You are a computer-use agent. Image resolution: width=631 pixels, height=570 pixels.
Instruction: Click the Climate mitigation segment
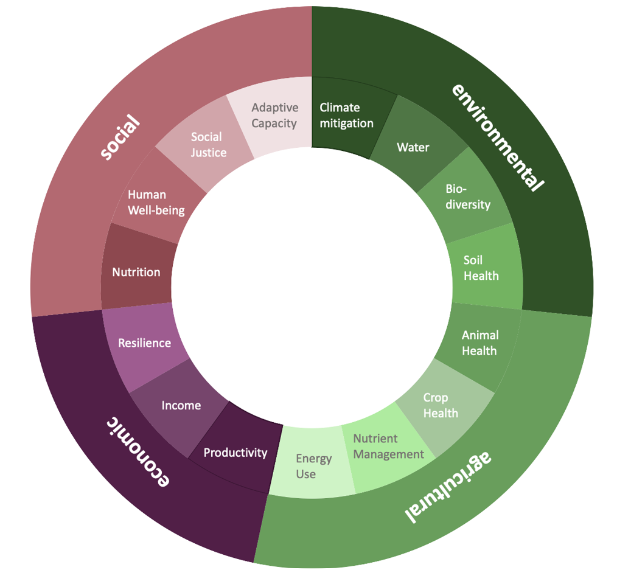(x=346, y=115)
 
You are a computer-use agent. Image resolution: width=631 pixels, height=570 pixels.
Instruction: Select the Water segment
(x=413, y=147)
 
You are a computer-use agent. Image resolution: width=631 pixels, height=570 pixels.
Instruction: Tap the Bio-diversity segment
(x=467, y=196)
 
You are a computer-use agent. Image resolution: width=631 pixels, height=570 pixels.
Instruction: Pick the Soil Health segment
(x=481, y=268)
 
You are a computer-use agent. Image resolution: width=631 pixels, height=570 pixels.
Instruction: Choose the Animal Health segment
(x=479, y=343)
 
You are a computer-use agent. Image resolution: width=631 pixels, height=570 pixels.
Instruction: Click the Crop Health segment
(x=441, y=405)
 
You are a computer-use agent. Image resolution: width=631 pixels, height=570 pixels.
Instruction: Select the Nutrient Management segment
(x=388, y=447)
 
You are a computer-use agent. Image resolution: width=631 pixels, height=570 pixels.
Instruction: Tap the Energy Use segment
(x=313, y=466)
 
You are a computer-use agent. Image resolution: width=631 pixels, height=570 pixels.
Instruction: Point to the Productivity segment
(x=235, y=453)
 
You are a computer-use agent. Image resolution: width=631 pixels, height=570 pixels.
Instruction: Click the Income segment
(x=181, y=405)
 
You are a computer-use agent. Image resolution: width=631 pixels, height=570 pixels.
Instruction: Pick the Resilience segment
(x=144, y=343)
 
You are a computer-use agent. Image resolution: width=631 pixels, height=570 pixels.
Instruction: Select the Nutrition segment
(x=136, y=272)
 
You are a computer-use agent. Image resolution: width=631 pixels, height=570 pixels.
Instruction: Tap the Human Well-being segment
(x=156, y=203)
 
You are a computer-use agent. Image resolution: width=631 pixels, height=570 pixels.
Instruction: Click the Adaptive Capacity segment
(x=274, y=115)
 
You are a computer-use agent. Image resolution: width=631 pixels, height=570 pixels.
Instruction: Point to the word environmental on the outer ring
(x=497, y=137)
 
